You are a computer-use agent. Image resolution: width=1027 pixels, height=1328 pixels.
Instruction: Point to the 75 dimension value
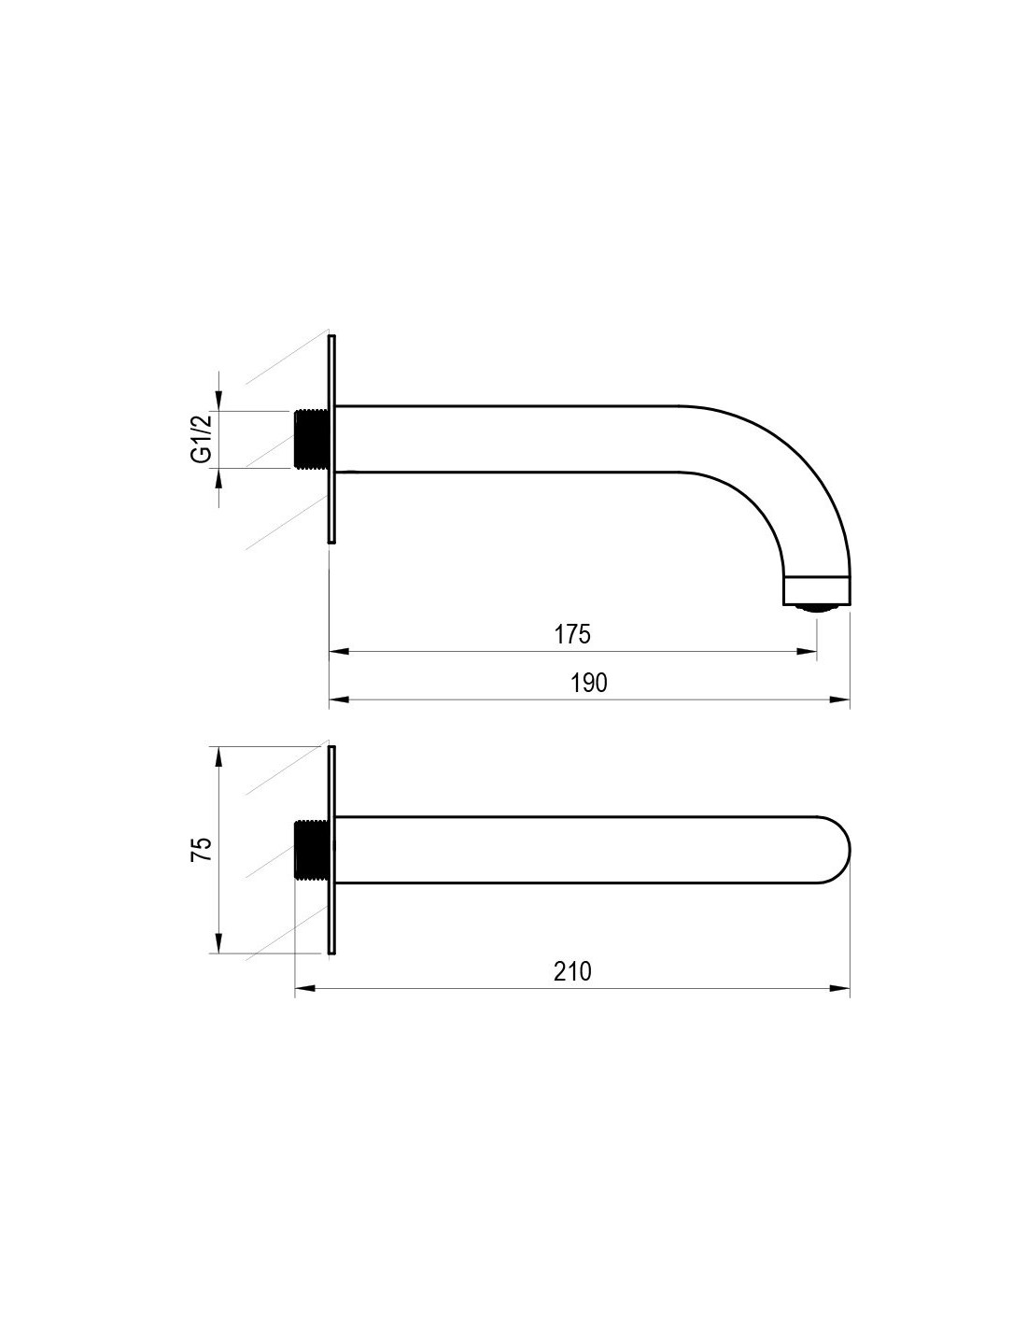(202, 849)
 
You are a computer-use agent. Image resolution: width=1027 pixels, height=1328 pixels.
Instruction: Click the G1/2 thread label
(202, 438)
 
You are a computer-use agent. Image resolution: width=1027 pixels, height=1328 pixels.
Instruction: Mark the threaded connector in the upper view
(312, 440)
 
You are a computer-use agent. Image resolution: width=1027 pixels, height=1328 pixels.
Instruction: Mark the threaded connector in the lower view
(312, 852)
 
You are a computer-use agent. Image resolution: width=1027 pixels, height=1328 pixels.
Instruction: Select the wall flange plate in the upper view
(331, 439)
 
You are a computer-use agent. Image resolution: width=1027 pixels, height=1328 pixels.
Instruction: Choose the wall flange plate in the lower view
(331, 850)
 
